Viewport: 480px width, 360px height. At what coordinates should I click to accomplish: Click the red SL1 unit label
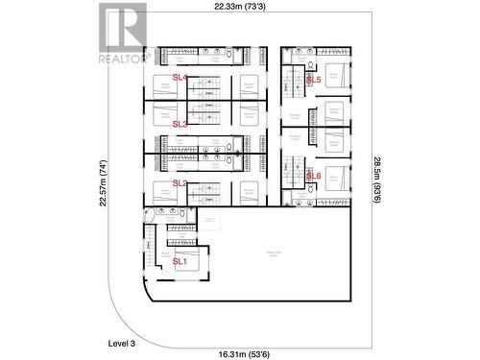click(180, 261)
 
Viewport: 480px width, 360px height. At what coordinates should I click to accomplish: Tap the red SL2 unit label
click(180, 182)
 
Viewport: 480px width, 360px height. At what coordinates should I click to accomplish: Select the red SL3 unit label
click(180, 124)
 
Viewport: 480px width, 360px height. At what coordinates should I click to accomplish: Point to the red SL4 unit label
click(180, 77)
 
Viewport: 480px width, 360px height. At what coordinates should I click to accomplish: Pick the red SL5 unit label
click(313, 81)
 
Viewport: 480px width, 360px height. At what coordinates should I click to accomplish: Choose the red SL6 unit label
click(313, 177)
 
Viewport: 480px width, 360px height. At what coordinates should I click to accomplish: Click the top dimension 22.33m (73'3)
click(242, 7)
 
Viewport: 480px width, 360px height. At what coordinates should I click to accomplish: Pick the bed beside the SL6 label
click(335, 178)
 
